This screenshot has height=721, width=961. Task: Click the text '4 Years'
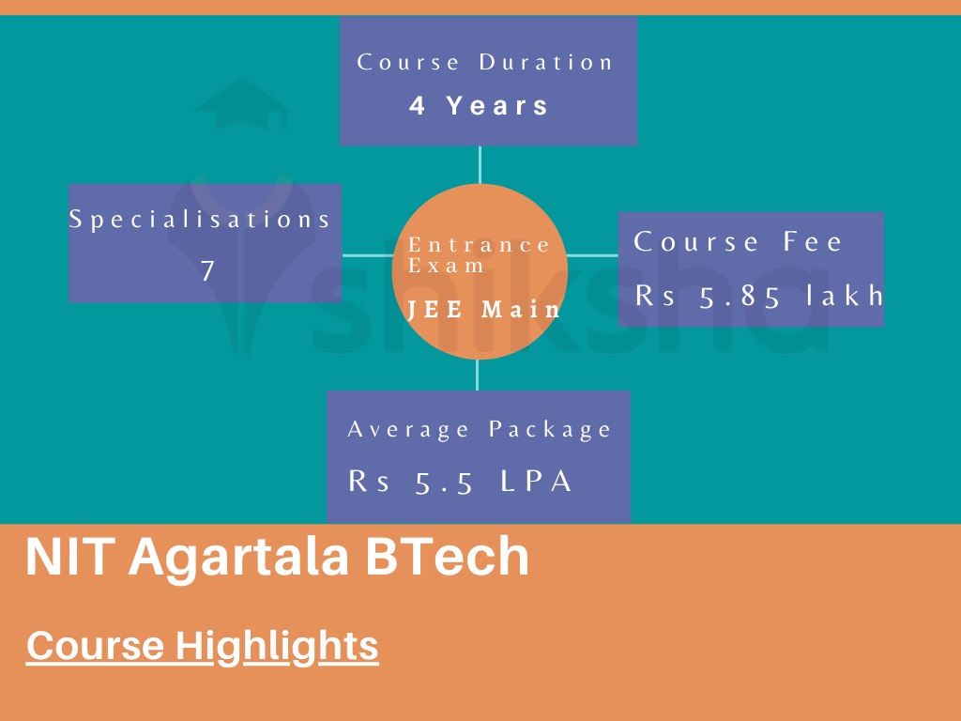pyautogui.click(x=480, y=105)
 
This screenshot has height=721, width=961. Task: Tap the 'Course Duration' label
pyautogui.click(x=485, y=63)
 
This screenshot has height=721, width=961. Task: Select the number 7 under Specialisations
pyautogui.click(x=207, y=271)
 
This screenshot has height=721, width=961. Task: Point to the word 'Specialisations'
pyautogui.click(x=201, y=220)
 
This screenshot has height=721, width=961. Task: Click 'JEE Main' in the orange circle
pyautogui.click(x=484, y=310)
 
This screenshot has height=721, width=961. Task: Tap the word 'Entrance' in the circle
pyautogui.click(x=480, y=245)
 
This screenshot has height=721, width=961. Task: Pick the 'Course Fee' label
pyautogui.click(x=739, y=242)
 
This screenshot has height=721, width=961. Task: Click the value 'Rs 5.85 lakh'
pyautogui.click(x=759, y=296)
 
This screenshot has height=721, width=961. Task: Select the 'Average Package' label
pyautogui.click(x=480, y=430)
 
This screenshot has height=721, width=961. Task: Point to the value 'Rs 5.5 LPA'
pyautogui.click(x=461, y=482)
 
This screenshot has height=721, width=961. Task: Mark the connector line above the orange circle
pyautogui.click(x=480, y=165)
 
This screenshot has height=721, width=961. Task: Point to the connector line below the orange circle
pyautogui.click(x=478, y=375)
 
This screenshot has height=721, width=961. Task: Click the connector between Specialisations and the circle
pyautogui.click(x=366, y=254)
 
